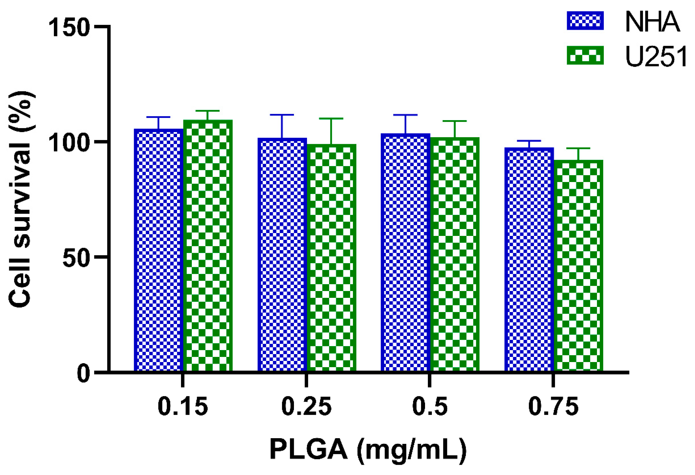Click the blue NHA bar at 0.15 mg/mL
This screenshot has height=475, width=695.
[158, 250]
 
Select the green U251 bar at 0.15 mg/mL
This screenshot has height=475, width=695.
[208, 245]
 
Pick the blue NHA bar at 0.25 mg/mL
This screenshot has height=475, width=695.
[282, 254]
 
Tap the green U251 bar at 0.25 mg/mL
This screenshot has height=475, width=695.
[331, 257]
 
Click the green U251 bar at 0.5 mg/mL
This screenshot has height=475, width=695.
[455, 254]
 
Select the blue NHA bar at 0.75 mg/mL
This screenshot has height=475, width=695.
[529, 259]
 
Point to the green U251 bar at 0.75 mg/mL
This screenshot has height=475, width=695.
[578, 266]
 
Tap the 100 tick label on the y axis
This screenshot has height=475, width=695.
[69, 143]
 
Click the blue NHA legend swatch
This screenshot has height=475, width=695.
[585, 21]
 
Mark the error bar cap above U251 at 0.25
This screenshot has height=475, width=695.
[331, 118]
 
